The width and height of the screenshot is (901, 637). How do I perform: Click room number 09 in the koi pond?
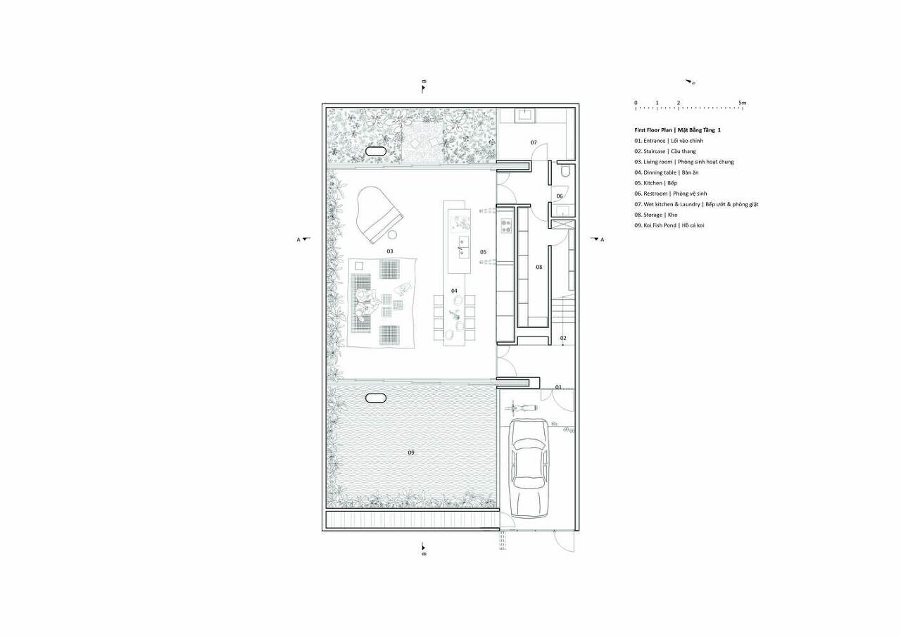(x=410, y=453)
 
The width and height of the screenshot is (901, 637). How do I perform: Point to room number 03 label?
(x=390, y=251)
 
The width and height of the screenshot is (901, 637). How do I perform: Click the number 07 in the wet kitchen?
(x=534, y=142)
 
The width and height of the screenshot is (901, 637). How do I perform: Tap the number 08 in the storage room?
(x=539, y=267)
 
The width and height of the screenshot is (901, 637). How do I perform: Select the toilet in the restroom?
(x=565, y=170)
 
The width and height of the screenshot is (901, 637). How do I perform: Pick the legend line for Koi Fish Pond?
(x=669, y=225)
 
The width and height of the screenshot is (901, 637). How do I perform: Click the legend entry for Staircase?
(x=665, y=151)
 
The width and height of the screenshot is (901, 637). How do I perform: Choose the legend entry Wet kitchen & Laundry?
(x=696, y=204)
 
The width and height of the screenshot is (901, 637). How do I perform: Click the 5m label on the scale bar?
(x=742, y=103)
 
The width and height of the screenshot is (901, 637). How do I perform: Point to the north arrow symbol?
(x=691, y=82)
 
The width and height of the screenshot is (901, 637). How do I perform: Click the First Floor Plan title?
(x=678, y=130)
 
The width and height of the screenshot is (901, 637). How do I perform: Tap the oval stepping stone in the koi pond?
(x=376, y=398)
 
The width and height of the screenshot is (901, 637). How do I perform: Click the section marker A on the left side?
(x=303, y=239)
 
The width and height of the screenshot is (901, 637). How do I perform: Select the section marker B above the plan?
(x=424, y=87)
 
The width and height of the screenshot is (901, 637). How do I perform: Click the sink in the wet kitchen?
(x=527, y=115)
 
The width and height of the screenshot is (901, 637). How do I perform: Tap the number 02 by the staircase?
(x=563, y=338)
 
